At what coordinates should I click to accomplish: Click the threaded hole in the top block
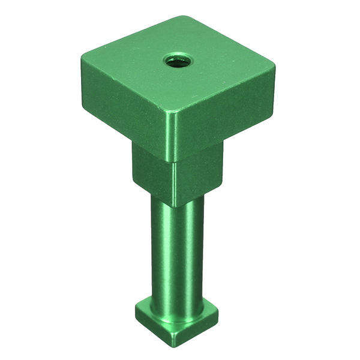pos(178,60)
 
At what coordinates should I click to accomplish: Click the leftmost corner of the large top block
pos(82,60)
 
